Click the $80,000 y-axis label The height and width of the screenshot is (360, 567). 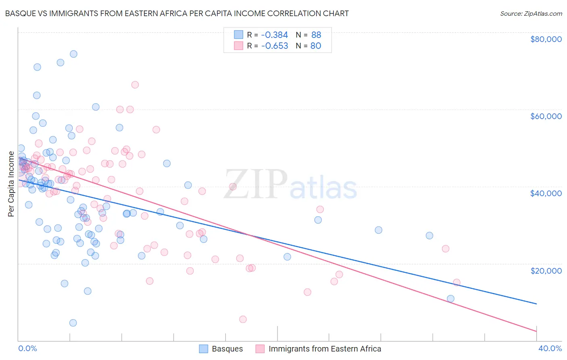point(546,39)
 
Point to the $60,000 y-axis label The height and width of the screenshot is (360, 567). point(546,116)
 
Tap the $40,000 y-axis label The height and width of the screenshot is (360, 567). point(546,193)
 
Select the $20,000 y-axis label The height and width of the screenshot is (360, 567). point(546,270)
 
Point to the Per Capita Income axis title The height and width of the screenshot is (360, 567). point(11,184)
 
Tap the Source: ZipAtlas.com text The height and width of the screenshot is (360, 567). point(531,13)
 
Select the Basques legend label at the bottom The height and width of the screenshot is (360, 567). point(227,349)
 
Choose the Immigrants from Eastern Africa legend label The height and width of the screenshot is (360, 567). point(325,349)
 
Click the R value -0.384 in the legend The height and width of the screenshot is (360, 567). point(274,35)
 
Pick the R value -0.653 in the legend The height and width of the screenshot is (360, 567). point(274,46)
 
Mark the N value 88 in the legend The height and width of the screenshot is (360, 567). point(316,35)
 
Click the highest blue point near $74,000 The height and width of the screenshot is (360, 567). point(73,54)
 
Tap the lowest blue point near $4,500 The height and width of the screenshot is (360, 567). point(73,323)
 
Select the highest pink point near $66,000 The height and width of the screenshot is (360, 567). point(135,85)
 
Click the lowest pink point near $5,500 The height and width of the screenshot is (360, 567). point(243,319)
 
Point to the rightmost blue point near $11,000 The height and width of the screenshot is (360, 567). point(450,299)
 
